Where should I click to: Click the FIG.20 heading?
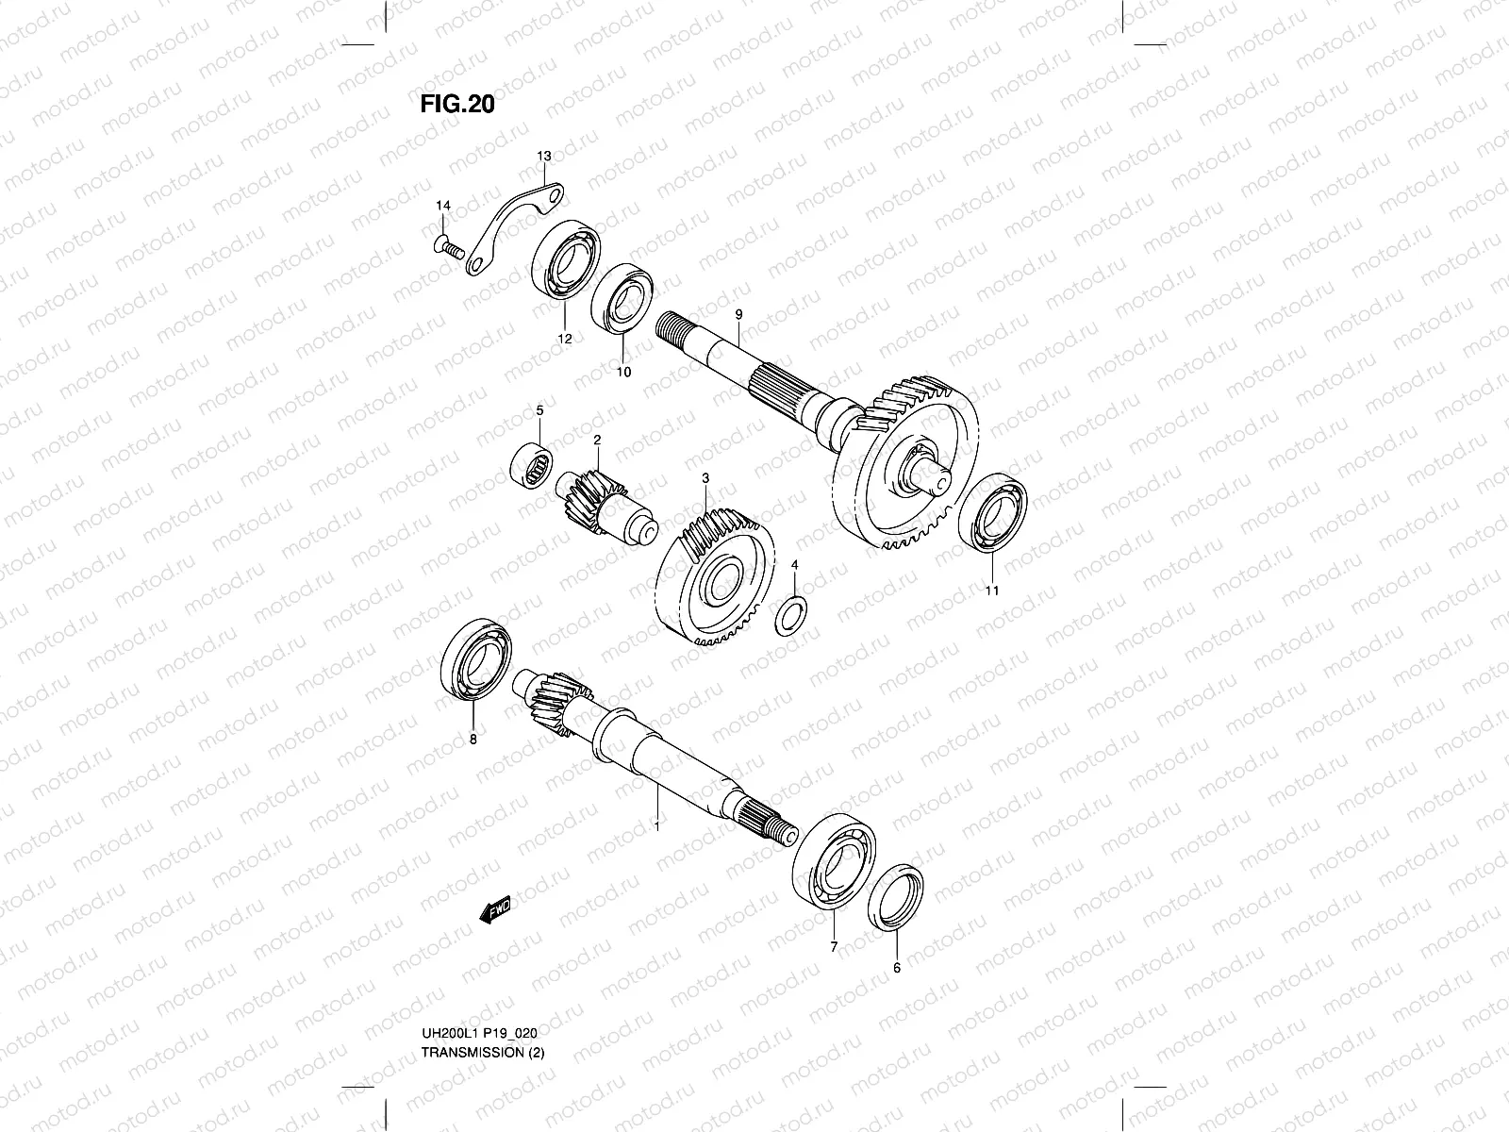point(457,103)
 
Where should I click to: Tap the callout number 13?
point(544,155)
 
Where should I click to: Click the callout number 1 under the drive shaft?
point(656,825)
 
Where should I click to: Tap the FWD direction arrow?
point(495,910)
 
